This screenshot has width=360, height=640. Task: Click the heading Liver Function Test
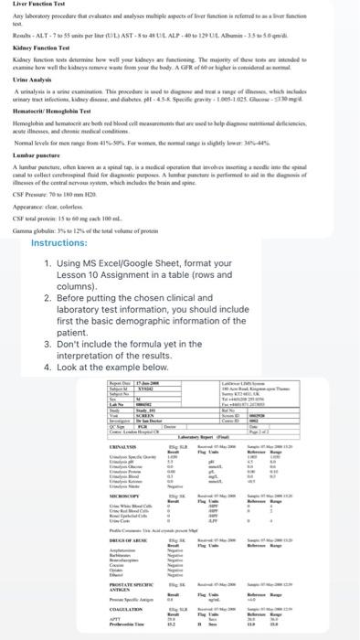pyautogui.click(x=31, y=5)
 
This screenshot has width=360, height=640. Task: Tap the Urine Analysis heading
pyautogui.click(x=26, y=80)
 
